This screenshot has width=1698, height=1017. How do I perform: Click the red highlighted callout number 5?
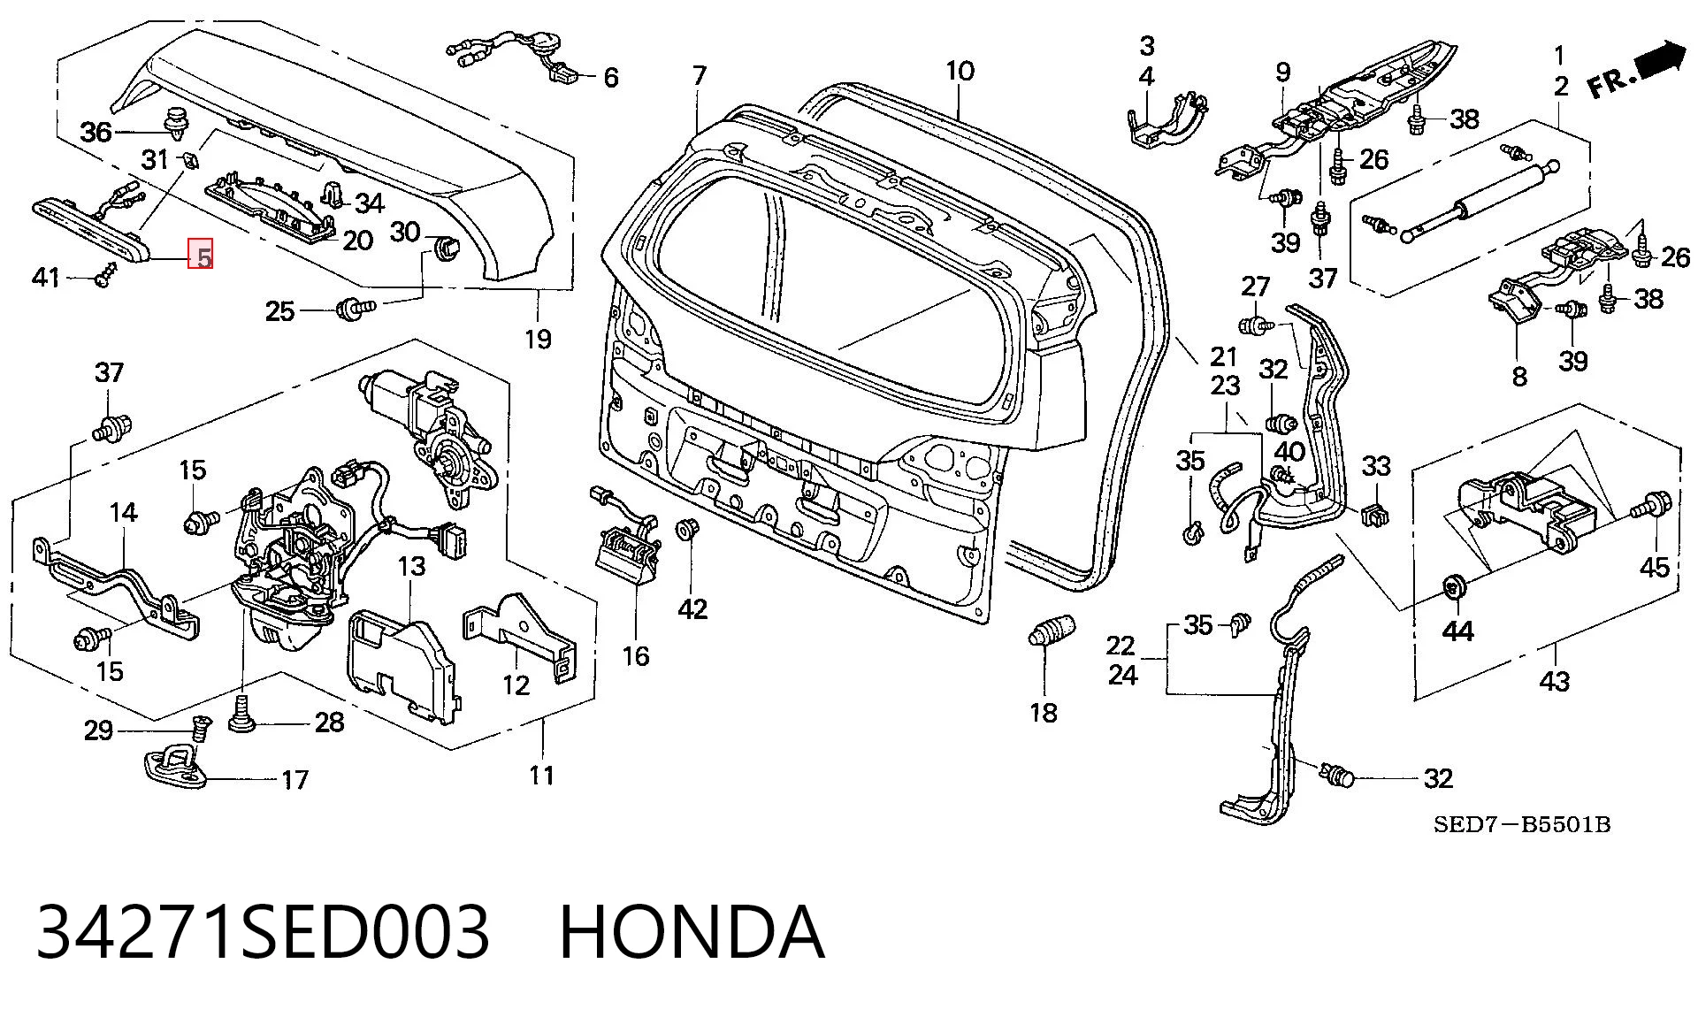tap(203, 257)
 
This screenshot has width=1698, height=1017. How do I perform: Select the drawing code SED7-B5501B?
tap(1521, 825)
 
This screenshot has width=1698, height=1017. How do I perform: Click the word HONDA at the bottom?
tap(692, 932)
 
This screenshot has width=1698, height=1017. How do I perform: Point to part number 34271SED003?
tap(263, 932)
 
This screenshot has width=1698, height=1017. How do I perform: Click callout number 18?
tap(1044, 713)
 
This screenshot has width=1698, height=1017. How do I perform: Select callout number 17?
tap(294, 780)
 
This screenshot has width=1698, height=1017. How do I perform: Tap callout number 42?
tap(692, 609)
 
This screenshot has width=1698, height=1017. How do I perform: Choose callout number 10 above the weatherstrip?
tap(960, 71)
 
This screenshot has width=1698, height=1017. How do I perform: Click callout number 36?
tap(96, 133)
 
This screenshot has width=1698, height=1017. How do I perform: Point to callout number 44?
tap(1457, 631)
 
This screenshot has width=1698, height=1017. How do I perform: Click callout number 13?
tap(412, 565)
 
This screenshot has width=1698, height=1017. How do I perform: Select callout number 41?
tap(45, 278)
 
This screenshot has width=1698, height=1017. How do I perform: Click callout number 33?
tap(1376, 465)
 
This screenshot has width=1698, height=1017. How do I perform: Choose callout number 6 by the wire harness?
tap(611, 78)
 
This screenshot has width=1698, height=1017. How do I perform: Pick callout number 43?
tap(1555, 682)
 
